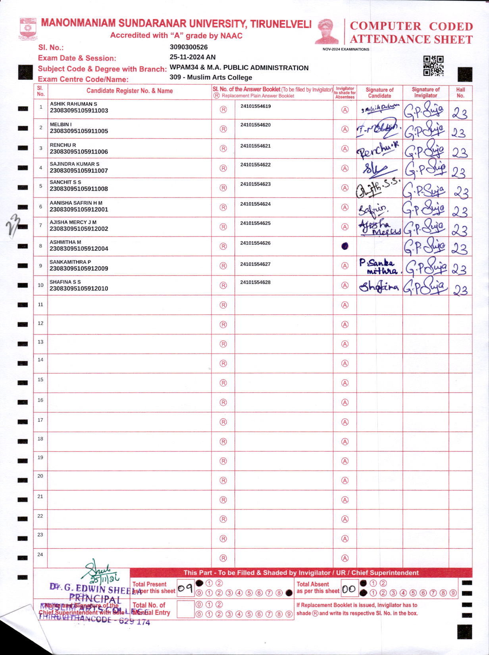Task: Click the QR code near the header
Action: [433, 66]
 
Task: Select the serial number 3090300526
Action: [189, 47]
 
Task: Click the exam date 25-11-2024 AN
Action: [193, 57]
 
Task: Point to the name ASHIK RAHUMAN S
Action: [73, 104]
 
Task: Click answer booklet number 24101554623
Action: [255, 184]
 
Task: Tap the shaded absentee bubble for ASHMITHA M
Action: [345, 246]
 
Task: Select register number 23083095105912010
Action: [79, 289]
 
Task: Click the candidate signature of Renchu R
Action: [378, 150]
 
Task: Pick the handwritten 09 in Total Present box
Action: [185, 588]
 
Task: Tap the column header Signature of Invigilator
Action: [425, 92]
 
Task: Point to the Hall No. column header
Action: [460, 92]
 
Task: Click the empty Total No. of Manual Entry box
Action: [185, 609]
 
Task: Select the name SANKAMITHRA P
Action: [70, 262]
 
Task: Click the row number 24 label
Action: [40, 554]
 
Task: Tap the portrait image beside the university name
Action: [327, 32]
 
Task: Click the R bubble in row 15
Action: [223, 383]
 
